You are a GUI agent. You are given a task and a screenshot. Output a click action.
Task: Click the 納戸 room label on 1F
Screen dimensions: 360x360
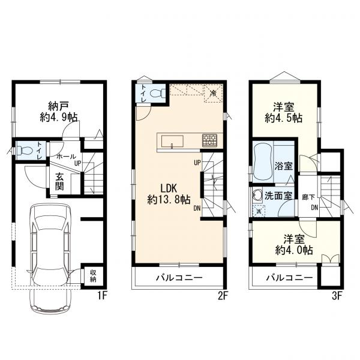point(58,106)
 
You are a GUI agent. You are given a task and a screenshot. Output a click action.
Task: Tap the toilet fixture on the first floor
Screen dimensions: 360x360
point(25,151)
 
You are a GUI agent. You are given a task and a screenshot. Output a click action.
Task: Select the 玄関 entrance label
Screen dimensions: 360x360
point(59,182)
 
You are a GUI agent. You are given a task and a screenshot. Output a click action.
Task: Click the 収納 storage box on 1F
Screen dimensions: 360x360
point(93,276)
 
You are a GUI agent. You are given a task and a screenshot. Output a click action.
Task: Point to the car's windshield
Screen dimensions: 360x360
point(50,223)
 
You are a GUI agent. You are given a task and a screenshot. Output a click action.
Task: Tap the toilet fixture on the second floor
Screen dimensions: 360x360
point(157,93)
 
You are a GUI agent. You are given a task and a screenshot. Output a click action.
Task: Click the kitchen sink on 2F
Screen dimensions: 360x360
point(172,141)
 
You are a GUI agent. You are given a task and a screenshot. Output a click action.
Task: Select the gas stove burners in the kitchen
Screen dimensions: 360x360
point(209,140)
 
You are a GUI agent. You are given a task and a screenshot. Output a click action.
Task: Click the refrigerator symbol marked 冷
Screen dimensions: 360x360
point(213,93)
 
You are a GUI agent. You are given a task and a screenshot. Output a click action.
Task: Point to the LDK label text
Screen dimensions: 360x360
point(169,188)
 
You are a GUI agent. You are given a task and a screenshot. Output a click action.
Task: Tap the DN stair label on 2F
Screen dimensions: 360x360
point(197,208)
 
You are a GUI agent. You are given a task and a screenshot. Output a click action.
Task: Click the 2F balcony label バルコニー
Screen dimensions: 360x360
point(179,278)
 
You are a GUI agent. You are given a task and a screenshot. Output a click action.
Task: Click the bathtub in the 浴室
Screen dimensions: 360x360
point(263,161)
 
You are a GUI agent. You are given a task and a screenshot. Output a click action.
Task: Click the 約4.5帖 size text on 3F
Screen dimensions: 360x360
point(283,118)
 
